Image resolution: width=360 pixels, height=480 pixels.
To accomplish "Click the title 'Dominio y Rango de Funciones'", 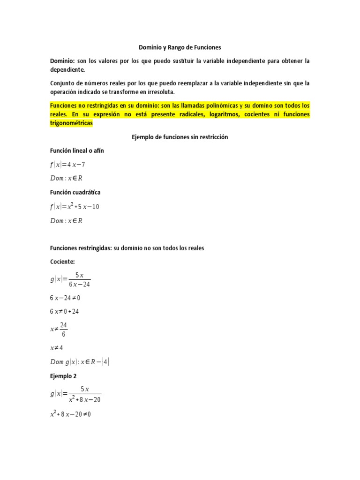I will [x=180, y=47].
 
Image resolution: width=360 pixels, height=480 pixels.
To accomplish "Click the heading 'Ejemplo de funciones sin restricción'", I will [x=180, y=137].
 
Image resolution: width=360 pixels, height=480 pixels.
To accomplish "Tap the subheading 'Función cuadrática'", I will [x=75, y=192].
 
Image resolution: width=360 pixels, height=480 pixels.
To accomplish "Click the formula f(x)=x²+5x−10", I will [x=75, y=206].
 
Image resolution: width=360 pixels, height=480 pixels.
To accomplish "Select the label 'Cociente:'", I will [x=62, y=262].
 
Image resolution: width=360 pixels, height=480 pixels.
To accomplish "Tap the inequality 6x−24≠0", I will [x=68, y=298].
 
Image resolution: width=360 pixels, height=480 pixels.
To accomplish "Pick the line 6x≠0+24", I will [x=65, y=312].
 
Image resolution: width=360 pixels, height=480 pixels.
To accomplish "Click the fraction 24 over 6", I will [x=64, y=329].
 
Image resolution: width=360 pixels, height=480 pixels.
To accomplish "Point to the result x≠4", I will [x=57, y=348].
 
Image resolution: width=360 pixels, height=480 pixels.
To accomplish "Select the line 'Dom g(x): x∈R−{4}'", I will [x=80, y=362].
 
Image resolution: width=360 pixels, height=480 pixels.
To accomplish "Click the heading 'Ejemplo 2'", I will [x=63, y=376].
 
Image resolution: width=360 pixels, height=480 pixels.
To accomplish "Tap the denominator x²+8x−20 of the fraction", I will [x=84, y=400].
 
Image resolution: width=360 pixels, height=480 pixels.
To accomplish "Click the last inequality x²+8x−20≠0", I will [x=70, y=415].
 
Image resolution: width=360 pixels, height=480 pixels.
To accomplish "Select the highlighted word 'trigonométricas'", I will [x=71, y=123].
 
